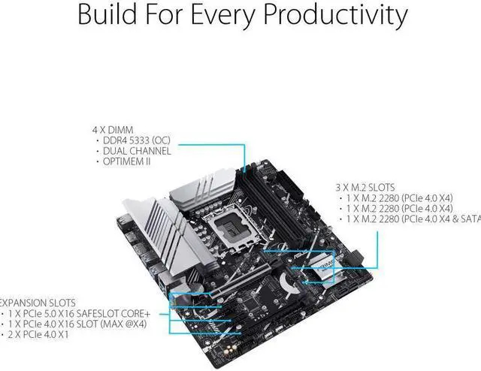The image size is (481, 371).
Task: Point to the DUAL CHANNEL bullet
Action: click(132, 150)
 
